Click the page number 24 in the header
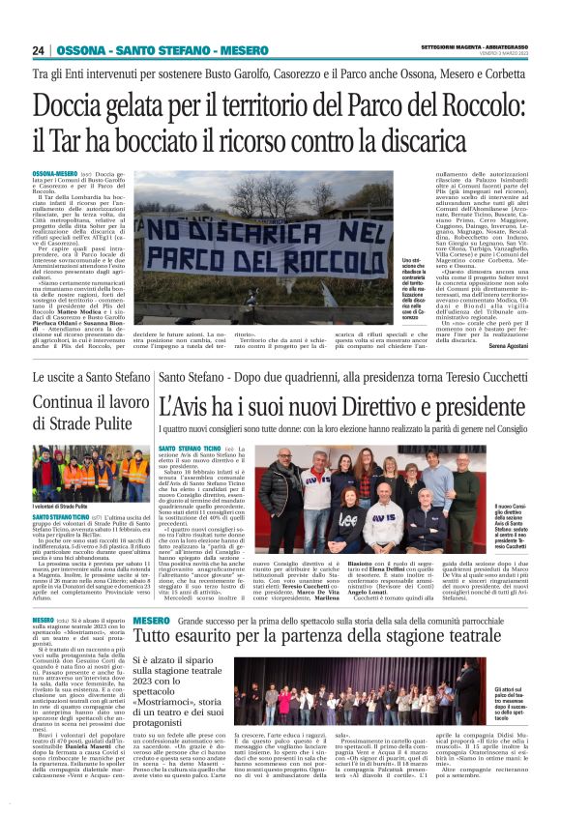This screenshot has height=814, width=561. [x=39, y=50]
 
